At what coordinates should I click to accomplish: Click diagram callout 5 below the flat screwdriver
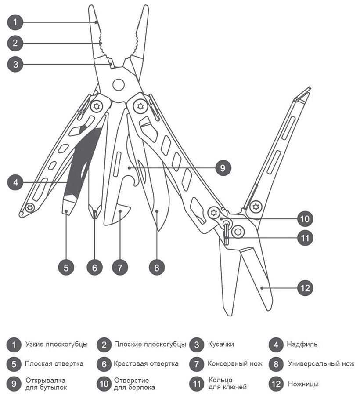click(x=65, y=267)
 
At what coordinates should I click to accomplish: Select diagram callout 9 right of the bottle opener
click(x=222, y=167)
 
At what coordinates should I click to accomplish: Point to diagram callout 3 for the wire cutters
click(x=15, y=64)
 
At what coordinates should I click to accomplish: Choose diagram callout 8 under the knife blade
click(x=156, y=267)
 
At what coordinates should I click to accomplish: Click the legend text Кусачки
click(x=221, y=345)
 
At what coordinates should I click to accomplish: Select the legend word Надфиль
click(x=302, y=345)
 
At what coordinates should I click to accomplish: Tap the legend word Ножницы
click(x=303, y=384)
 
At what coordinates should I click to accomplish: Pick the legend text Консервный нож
click(x=235, y=364)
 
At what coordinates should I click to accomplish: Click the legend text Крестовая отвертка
click(x=146, y=364)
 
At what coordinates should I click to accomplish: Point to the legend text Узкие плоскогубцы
click(x=57, y=345)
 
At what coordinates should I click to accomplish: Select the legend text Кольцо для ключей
click(x=227, y=384)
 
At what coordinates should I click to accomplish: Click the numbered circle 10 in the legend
click(x=104, y=384)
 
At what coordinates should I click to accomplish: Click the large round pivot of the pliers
click(x=118, y=84)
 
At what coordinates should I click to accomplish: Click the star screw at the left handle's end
click(x=29, y=208)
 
